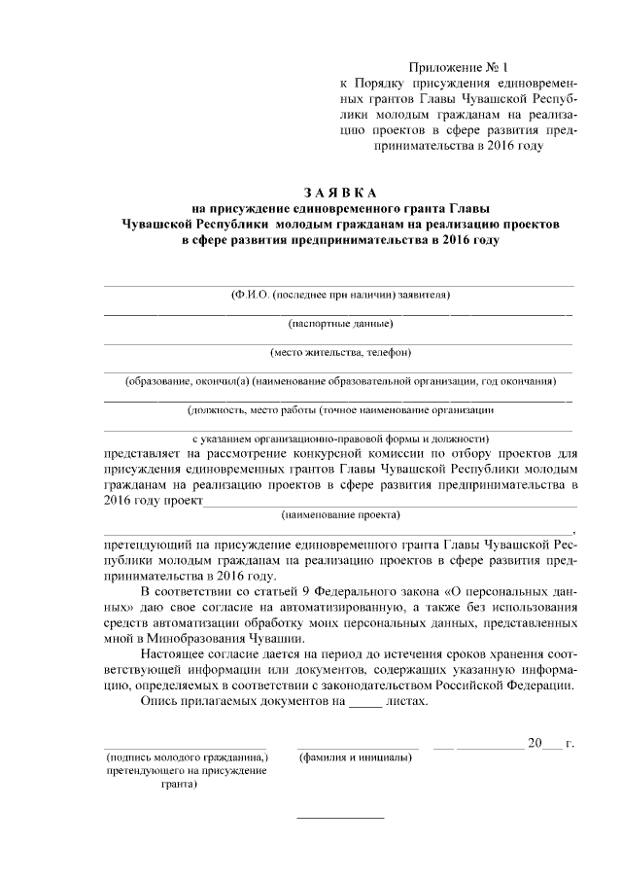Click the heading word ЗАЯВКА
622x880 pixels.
coord(339,192)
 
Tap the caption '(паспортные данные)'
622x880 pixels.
coord(339,323)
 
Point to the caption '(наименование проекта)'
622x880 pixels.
coord(339,513)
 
